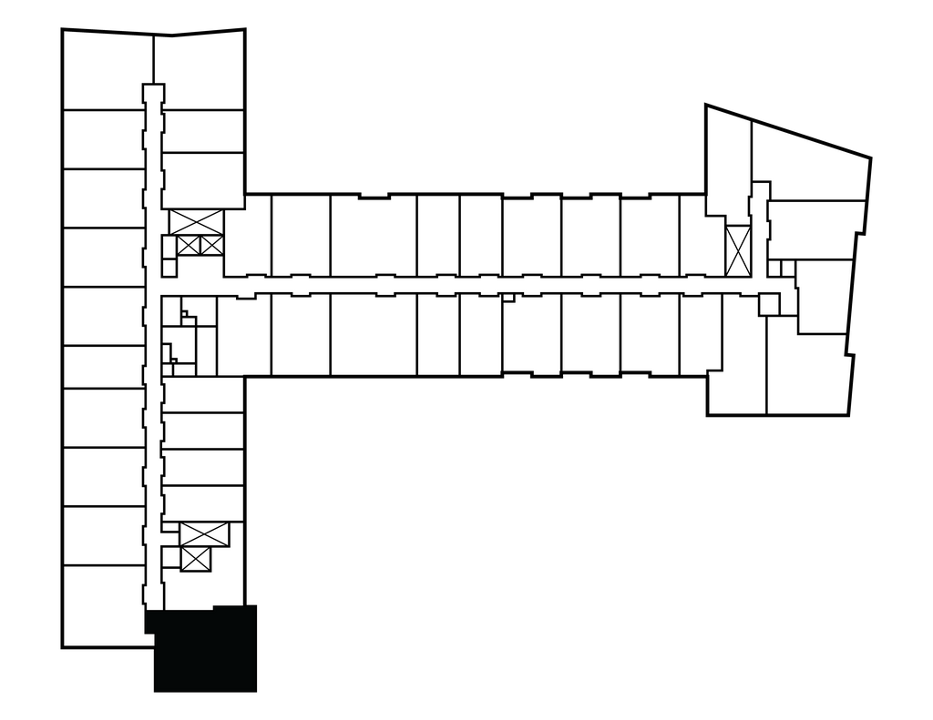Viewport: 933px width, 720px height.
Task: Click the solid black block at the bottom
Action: click(x=204, y=648)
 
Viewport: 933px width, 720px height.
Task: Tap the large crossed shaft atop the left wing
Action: click(x=196, y=220)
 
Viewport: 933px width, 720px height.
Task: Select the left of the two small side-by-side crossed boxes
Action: click(x=189, y=245)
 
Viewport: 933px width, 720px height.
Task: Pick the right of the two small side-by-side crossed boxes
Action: click(x=210, y=245)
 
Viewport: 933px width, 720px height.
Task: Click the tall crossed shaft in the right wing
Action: click(x=737, y=250)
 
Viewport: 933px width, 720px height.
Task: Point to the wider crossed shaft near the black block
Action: click(x=204, y=534)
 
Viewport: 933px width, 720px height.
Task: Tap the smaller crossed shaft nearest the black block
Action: click(x=196, y=559)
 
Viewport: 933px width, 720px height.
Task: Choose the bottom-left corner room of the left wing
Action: click(x=102, y=605)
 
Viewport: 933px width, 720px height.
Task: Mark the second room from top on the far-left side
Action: click(x=102, y=138)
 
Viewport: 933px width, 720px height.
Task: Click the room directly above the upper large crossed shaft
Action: click(x=203, y=179)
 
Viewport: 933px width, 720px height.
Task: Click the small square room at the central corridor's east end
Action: click(x=769, y=304)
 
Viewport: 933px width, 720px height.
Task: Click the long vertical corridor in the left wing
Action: click(x=153, y=364)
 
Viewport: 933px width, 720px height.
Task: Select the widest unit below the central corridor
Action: click(x=373, y=334)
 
